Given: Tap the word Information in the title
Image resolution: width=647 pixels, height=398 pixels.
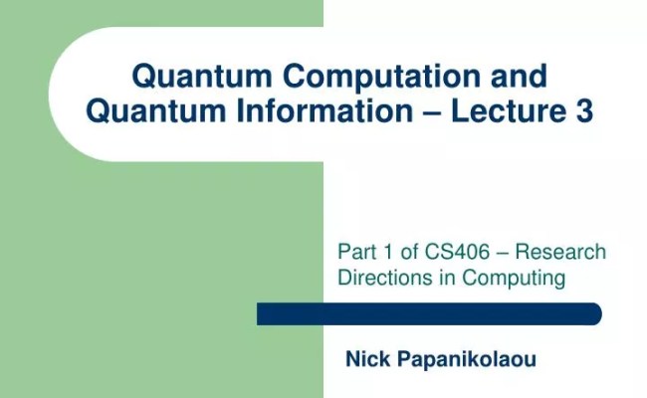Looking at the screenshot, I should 337,112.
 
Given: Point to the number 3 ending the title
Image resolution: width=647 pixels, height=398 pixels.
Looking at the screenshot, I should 584,112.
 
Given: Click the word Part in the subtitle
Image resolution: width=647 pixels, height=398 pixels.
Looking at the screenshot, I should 355,253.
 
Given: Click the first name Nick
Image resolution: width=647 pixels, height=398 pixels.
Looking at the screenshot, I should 364,359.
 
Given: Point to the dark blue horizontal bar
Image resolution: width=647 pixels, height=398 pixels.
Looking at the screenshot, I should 429,314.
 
